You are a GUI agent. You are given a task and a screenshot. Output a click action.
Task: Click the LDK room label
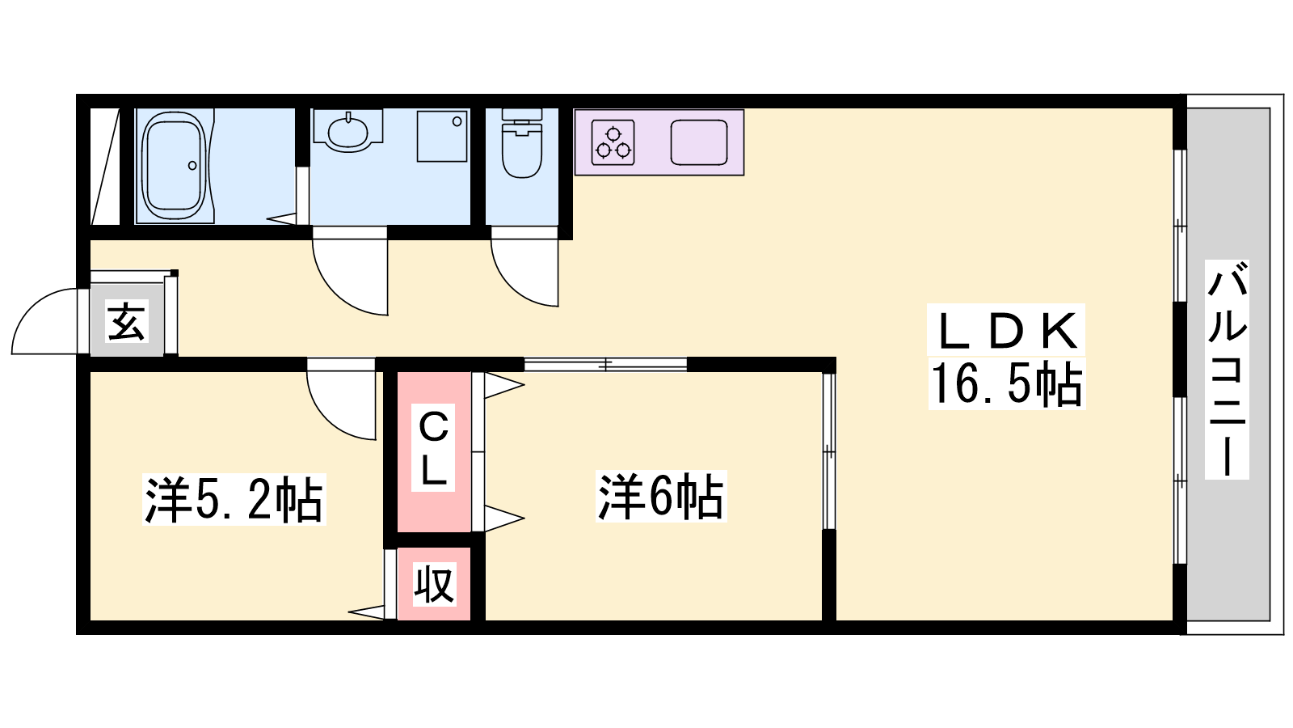(x=1007, y=331)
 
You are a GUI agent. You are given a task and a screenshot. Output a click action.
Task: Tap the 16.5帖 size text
(x=1007, y=384)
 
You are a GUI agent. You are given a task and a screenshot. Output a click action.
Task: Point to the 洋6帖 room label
(x=661, y=497)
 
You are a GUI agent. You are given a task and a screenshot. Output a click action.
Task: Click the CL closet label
(x=433, y=448)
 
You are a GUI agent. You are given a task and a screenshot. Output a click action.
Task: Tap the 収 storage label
(x=434, y=584)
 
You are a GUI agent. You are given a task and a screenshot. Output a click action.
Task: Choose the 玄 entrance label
(x=126, y=321)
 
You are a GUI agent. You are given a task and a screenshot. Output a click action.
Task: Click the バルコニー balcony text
(x=1227, y=370)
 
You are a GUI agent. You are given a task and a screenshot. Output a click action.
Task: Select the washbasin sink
(x=348, y=131)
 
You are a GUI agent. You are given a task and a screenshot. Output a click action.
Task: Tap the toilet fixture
(x=522, y=143)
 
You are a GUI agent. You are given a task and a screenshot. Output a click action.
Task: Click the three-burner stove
(x=613, y=142)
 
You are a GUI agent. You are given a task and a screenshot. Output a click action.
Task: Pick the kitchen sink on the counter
(x=699, y=142)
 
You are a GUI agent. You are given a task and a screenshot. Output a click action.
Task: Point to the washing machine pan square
(x=442, y=137)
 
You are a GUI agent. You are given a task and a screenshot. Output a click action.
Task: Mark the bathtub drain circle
(x=192, y=166)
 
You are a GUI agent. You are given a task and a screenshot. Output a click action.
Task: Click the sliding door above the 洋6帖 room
(x=605, y=365)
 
